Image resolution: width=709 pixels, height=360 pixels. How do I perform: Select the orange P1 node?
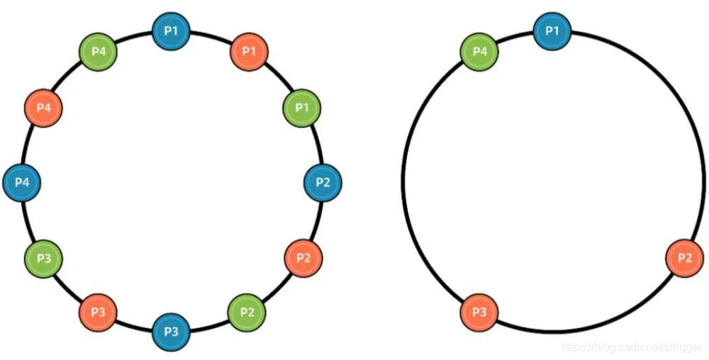tap(249, 52)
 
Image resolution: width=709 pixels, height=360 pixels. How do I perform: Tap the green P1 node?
tap(302, 108)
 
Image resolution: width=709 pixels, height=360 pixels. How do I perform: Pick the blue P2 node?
tap(323, 182)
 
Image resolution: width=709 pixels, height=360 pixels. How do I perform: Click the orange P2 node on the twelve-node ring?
tap(303, 257)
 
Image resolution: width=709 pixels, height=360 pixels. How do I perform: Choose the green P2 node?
tap(247, 312)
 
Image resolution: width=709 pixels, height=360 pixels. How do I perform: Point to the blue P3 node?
tap(171, 332)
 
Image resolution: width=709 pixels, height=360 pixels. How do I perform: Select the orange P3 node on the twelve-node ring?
tap(98, 312)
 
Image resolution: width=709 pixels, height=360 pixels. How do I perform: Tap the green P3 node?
tap(43, 257)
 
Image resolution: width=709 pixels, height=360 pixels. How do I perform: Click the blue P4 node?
tap(22, 182)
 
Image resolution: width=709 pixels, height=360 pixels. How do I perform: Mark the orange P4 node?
tap(43, 108)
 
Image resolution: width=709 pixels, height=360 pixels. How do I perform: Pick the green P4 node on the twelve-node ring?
tap(98, 52)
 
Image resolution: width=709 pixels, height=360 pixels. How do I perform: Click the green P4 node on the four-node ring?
tap(479, 52)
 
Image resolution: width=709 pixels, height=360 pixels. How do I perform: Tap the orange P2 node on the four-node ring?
tap(684, 257)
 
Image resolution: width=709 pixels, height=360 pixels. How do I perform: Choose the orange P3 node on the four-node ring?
tap(479, 312)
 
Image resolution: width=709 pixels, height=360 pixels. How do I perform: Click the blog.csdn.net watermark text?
tap(631, 348)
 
